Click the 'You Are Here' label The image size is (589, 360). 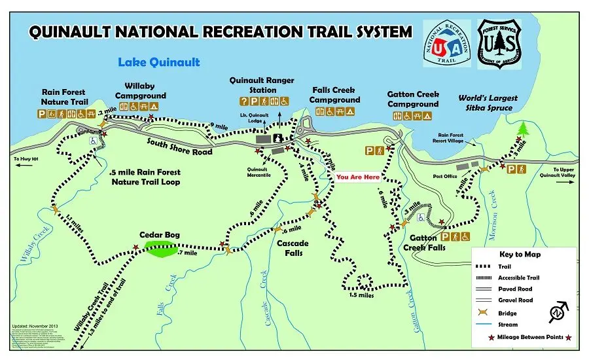coord(357,177)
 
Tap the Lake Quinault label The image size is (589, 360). coord(158,63)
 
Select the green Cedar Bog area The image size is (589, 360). coord(160,249)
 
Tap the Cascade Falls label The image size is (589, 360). coord(292,248)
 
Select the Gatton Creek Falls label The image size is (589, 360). coord(423,243)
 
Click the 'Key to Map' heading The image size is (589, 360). coord(520,255)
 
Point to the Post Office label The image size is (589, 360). coord(444,176)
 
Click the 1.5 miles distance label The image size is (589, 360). coord(361,295)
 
